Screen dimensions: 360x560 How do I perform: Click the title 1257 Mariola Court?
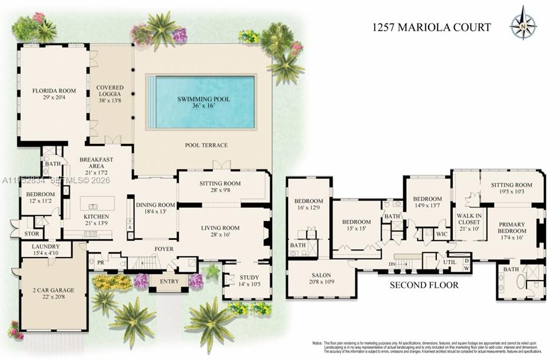[431, 27]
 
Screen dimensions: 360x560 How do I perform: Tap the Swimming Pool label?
[204, 99]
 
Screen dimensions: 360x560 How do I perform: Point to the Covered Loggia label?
[110, 91]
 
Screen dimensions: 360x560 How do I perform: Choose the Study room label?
[249, 278]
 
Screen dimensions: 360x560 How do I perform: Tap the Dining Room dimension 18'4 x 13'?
[156, 212]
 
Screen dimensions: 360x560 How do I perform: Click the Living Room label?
[220, 228]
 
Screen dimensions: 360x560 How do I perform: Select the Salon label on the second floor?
[322, 275]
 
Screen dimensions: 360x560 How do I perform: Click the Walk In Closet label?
[469, 219]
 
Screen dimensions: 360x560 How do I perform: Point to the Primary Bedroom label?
[511, 228]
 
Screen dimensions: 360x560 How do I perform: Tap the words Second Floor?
[424, 285]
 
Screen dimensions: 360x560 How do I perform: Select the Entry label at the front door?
[169, 281]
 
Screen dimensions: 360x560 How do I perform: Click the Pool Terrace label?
[206, 146]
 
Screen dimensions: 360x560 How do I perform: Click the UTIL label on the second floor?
[449, 262]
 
